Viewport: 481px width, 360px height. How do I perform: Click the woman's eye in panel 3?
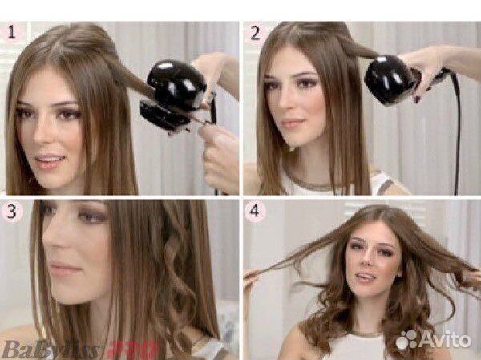click(90, 218)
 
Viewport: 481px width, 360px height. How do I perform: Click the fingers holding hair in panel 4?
click(253, 277)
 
